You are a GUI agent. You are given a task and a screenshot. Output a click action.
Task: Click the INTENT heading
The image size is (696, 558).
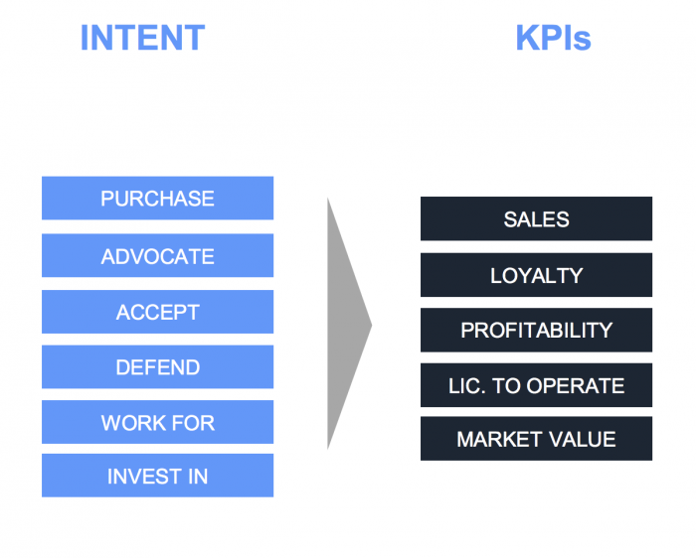[142, 38]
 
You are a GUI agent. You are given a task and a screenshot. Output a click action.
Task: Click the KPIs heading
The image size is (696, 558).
[553, 38]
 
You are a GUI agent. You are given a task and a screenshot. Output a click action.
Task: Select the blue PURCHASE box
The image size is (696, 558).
[157, 199]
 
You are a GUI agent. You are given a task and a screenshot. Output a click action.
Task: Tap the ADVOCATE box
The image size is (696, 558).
[157, 256]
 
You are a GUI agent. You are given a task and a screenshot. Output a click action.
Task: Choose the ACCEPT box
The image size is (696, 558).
[157, 312]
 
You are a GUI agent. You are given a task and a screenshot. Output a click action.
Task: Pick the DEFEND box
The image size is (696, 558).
[157, 367]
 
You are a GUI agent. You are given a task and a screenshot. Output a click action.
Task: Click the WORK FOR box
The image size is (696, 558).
[157, 423]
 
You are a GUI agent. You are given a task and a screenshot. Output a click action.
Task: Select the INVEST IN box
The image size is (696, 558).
[157, 477]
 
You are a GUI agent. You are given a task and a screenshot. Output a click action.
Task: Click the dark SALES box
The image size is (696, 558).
[536, 218]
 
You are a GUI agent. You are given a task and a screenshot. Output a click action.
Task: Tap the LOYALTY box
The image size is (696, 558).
[536, 275]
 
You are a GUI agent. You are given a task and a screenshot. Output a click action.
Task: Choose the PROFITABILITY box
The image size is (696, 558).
[536, 330]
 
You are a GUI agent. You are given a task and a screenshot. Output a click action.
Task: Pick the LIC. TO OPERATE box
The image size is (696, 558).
[536, 385]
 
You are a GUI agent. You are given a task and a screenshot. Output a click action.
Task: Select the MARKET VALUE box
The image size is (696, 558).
[536, 439]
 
